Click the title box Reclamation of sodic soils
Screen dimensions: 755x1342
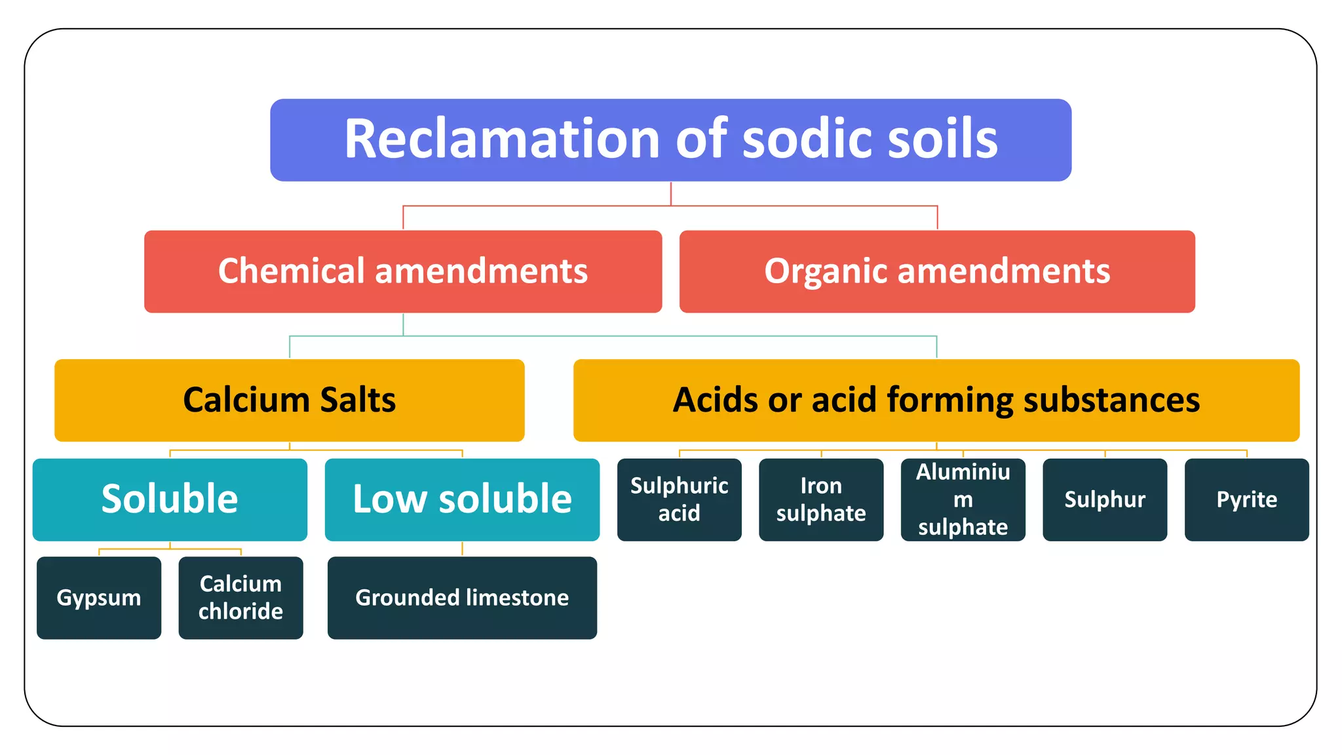(670, 140)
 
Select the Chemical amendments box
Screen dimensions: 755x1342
(403, 271)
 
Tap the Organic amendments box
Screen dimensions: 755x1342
(937, 271)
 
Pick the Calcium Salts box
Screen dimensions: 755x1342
(289, 400)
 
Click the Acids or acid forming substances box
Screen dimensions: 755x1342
(936, 400)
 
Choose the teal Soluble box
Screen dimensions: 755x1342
(170, 499)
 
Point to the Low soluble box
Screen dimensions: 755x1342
(462, 499)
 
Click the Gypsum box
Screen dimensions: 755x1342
(99, 598)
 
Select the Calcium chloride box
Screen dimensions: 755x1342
(240, 598)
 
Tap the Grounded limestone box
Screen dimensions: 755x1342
(462, 598)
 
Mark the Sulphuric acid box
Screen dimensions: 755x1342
(679, 499)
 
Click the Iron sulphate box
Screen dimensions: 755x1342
(821, 499)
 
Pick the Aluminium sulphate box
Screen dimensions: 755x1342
(963, 499)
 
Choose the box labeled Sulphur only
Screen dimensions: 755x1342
(1105, 499)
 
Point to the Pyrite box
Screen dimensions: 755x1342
(1246, 499)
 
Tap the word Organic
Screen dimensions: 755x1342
(824, 271)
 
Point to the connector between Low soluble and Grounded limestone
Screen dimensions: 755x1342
(462, 549)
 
